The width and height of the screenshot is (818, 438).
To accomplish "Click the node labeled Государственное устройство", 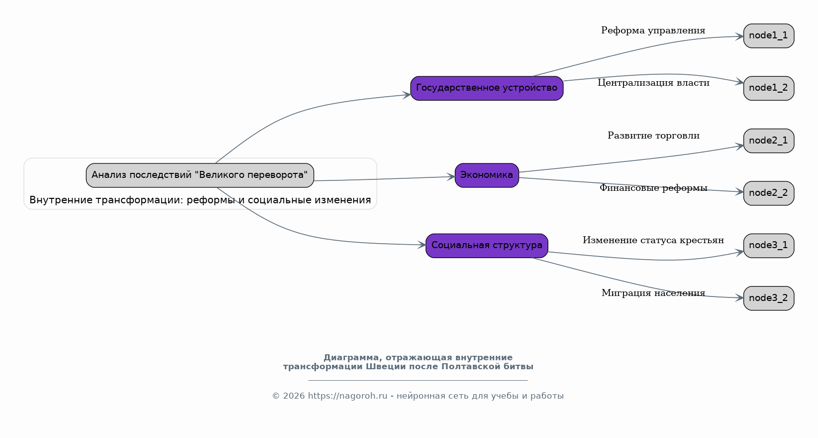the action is [x=487, y=88].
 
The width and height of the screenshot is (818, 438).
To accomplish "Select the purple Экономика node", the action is [x=487, y=175].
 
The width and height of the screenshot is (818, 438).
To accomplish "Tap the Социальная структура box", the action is [x=487, y=245].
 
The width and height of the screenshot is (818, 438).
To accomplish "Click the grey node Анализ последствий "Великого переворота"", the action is [x=200, y=175].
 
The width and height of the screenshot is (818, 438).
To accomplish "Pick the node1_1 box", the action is [x=769, y=36].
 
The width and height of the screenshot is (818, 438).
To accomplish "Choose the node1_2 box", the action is [x=769, y=88].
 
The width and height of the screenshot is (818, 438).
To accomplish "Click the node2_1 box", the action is [x=769, y=141].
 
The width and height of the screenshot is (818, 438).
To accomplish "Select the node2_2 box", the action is [x=769, y=193].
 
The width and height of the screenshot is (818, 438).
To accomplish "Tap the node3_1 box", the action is [x=769, y=245].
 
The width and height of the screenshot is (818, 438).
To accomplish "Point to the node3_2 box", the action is [x=769, y=298].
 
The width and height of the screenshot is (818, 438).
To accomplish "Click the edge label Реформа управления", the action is [x=653, y=31].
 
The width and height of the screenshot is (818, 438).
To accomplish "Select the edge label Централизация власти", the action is [x=653, y=83].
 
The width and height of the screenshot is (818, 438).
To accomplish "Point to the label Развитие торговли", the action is [x=653, y=136].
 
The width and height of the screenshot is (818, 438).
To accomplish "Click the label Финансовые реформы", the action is [x=653, y=188].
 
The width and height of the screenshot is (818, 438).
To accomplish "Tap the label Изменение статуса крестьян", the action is [x=653, y=240].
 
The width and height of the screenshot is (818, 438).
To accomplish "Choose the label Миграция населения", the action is [x=653, y=293].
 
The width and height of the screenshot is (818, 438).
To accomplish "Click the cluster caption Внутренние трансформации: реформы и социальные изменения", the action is [x=200, y=200].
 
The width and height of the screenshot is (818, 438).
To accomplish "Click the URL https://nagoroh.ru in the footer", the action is [x=347, y=396].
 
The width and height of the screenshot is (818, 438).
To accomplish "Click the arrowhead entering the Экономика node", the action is [x=451, y=177].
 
